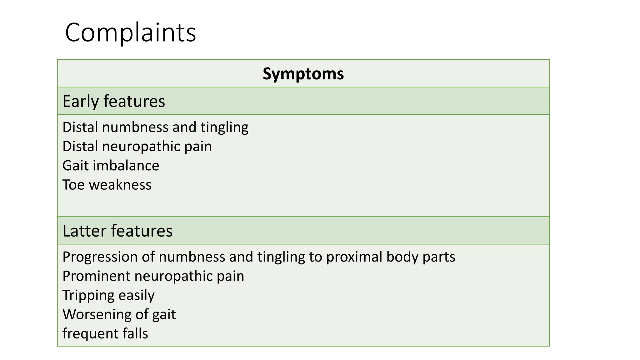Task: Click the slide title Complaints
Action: [x=130, y=33]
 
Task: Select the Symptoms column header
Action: [x=303, y=74]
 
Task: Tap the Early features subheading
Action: [x=114, y=101]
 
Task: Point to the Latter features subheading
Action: [x=117, y=231]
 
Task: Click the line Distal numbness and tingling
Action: [x=155, y=127]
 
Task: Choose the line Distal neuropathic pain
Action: [x=137, y=146]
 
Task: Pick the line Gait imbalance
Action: [x=111, y=166]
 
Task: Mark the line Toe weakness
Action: [x=107, y=185]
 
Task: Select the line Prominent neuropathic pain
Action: [x=153, y=276]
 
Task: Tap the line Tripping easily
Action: [x=108, y=295]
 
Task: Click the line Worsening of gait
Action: [x=119, y=314]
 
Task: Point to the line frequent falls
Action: [x=105, y=333]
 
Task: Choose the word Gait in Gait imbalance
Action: [x=75, y=166]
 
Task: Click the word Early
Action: [x=81, y=101]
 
